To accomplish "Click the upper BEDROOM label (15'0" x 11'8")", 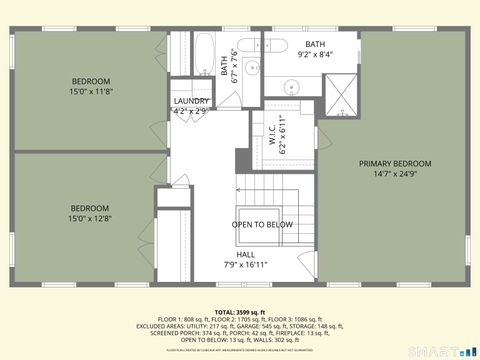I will [90, 81].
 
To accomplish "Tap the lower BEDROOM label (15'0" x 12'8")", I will [90, 208].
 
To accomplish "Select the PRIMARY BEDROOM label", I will [395, 163].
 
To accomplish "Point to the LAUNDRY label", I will [191, 101].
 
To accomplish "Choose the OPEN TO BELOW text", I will [262, 224].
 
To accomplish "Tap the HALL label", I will [245, 254].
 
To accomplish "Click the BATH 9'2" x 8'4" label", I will [315, 44].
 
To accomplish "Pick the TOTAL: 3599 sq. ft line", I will [239, 312].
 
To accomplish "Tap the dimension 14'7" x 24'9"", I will [395, 174].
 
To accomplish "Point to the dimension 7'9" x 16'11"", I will [245, 265].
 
